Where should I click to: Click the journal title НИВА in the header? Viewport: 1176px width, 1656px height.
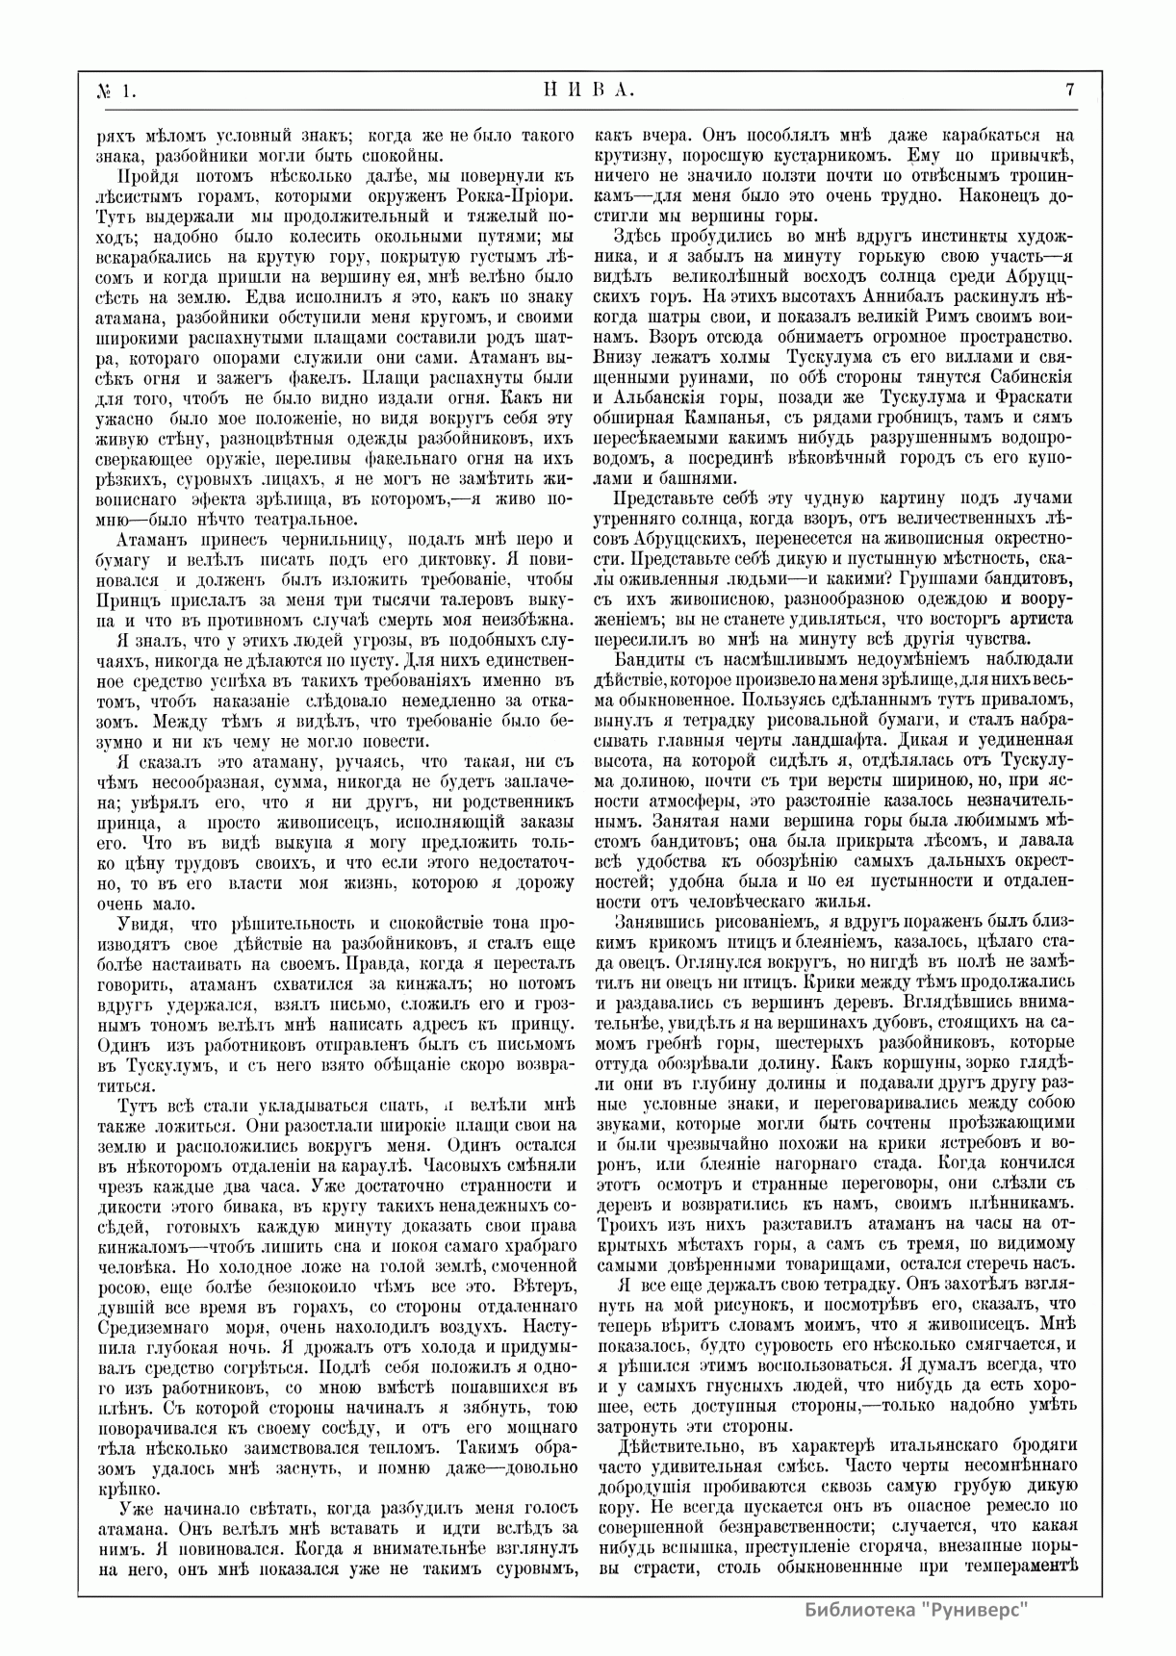point(584,90)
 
